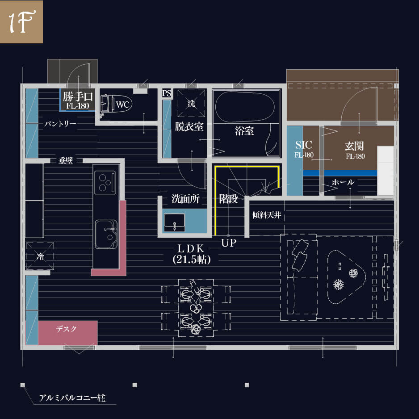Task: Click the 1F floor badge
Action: [x=21, y=21]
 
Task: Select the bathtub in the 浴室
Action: [x=245, y=107]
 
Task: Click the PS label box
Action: [x=167, y=93]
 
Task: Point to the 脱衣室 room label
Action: [x=189, y=126]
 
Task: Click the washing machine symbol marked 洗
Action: [x=191, y=103]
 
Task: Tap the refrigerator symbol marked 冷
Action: [x=40, y=256]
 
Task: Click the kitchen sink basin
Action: [x=106, y=234]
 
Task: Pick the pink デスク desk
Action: [x=68, y=333]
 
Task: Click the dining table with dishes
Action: [x=196, y=308]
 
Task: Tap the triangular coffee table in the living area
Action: [x=346, y=277]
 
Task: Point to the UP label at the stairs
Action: [x=229, y=243]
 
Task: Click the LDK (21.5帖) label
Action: [x=191, y=254]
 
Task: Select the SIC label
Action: [x=304, y=145]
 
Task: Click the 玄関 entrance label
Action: [x=354, y=146]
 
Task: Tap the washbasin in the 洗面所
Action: [x=175, y=222]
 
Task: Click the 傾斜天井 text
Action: [x=267, y=215]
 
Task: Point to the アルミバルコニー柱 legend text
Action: [x=72, y=398]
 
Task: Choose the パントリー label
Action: [x=60, y=124]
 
